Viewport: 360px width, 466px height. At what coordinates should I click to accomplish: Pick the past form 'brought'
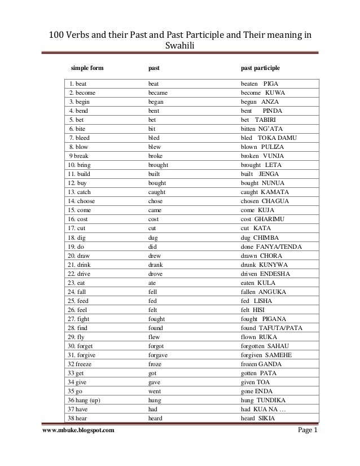pyautogui.click(x=159, y=165)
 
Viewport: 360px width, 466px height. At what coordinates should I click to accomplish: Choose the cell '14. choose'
pyautogui.click(x=82, y=201)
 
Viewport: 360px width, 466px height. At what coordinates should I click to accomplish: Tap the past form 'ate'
pyautogui.click(x=152, y=283)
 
